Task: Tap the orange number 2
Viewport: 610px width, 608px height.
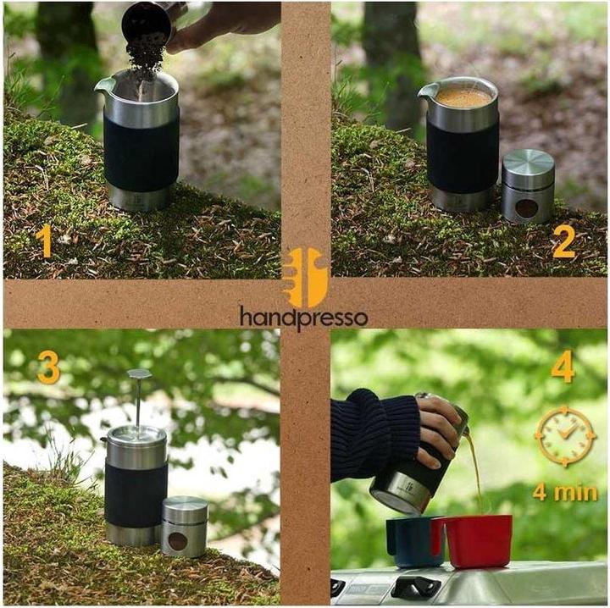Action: click(563, 241)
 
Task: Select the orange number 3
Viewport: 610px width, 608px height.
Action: click(48, 368)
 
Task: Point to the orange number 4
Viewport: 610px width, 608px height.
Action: click(563, 367)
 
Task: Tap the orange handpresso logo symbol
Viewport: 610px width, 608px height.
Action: click(306, 278)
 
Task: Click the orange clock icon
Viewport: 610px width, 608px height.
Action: click(565, 437)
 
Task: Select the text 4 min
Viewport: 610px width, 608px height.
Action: click(565, 492)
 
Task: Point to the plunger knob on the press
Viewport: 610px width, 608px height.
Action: click(139, 374)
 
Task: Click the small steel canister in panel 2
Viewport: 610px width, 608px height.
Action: click(528, 186)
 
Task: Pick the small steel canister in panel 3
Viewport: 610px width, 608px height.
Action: click(185, 527)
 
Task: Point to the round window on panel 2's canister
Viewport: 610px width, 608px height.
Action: click(527, 208)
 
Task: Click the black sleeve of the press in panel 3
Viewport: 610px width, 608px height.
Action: click(136, 494)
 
